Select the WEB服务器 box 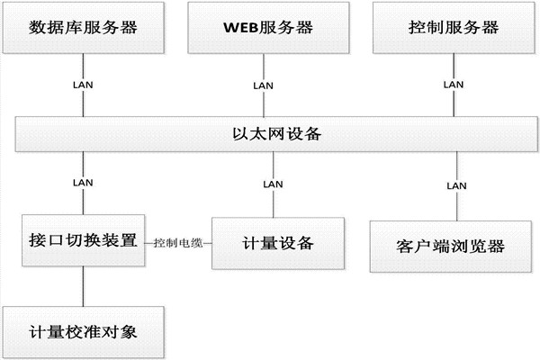[x=267, y=27]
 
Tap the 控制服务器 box [x=448, y=27]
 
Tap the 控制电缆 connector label [x=177, y=242]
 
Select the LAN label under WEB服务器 [x=263, y=85]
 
